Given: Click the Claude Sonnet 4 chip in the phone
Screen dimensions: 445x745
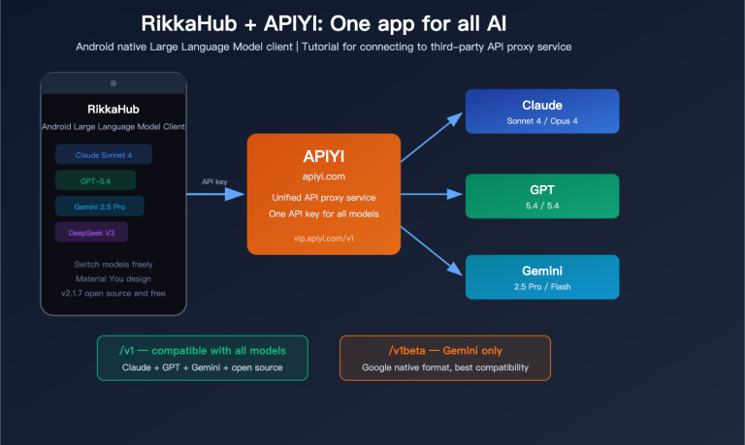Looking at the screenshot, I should coord(104,155).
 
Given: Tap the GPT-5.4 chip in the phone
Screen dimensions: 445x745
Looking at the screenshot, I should coord(95,180).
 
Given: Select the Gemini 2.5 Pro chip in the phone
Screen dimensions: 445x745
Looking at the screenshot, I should coord(100,206).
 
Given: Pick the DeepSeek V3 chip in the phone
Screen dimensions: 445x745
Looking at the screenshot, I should coord(91,232).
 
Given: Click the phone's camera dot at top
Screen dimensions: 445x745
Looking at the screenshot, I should coord(113,83).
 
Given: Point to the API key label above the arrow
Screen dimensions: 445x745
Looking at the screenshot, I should coord(214,181).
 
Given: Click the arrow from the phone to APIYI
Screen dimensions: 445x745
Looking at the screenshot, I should coord(215,194).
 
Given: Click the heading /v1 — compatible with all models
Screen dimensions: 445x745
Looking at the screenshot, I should coord(203,350).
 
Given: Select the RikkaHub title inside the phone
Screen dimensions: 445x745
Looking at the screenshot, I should coord(113,110).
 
